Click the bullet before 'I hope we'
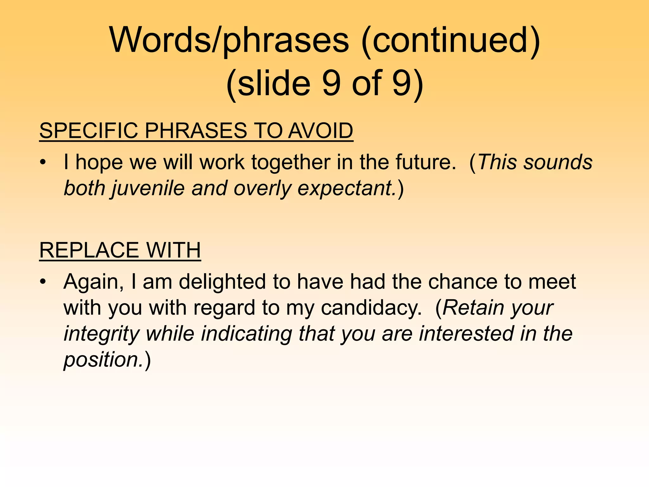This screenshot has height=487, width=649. point(43,163)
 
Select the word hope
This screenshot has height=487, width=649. point(99,163)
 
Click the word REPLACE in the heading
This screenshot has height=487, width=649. point(89,250)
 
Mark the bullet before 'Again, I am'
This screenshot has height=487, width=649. point(43,282)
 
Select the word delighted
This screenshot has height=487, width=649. point(222,282)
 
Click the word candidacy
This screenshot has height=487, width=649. point(371,308)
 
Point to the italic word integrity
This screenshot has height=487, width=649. point(101,334)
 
